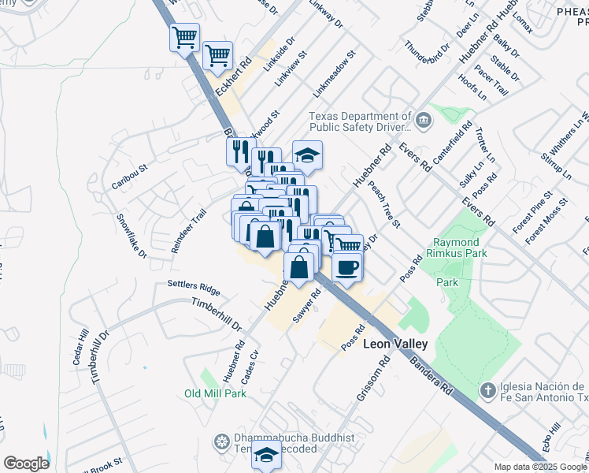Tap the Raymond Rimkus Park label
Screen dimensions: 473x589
458,248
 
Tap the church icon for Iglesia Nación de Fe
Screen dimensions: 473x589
488,391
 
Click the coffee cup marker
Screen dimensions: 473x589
347,267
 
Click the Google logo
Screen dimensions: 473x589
26,464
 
